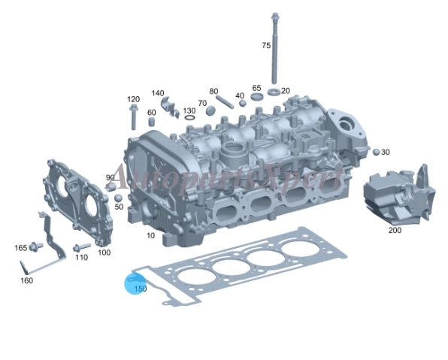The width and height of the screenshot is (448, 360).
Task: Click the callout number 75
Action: [265, 46]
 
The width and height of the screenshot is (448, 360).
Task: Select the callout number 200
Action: [394, 230]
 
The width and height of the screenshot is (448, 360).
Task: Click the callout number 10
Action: [150, 235]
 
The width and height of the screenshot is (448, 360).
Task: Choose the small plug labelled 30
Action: [376, 152]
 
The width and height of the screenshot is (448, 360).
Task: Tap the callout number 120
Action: [133, 99]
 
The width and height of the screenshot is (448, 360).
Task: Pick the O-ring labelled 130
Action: [189, 118]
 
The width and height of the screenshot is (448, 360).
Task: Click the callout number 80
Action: [213, 91]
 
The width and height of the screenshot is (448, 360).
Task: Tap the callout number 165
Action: [20, 247]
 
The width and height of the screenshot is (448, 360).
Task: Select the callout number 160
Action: [26, 280]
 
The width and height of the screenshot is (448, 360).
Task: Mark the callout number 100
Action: [104, 253]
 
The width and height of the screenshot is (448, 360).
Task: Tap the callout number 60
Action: [151, 113]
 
